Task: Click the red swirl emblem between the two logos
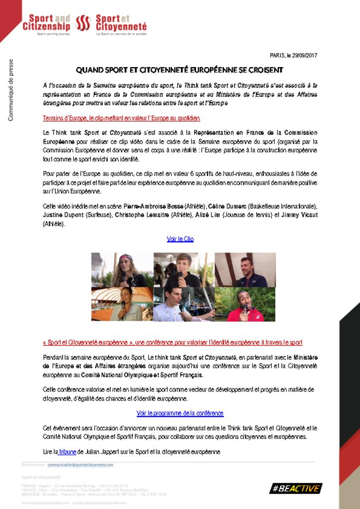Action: pyautogui.click(x=83, y=22)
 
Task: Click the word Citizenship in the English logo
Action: pyautogui.click(x=46, y=26)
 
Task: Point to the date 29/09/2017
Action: pyautogui.click(x=304, y=55)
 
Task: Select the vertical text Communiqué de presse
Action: pyautogui.click(x=10, y=90)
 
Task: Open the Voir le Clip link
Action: pyautogui.click(x=180, y=239)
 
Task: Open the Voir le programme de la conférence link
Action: pyautogui.click(x=180, y=413)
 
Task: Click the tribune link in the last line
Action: pyautogui.click(x=67, y=452)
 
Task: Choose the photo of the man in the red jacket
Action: pyautogui.click(x=245, y=304)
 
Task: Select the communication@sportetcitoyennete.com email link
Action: pyautogui.click(x=81, y=465)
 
